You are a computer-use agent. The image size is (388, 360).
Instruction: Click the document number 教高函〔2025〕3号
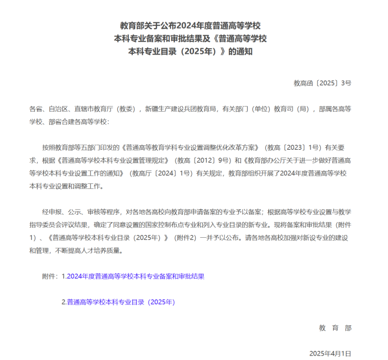(x=322, y=83)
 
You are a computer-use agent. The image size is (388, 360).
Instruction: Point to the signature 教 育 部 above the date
(x=335, y=327)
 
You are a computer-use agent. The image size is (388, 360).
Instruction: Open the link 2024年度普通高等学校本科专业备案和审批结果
(x=135, y=276)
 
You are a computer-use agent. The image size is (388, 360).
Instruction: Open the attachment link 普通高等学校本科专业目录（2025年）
(x=121, y=302)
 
